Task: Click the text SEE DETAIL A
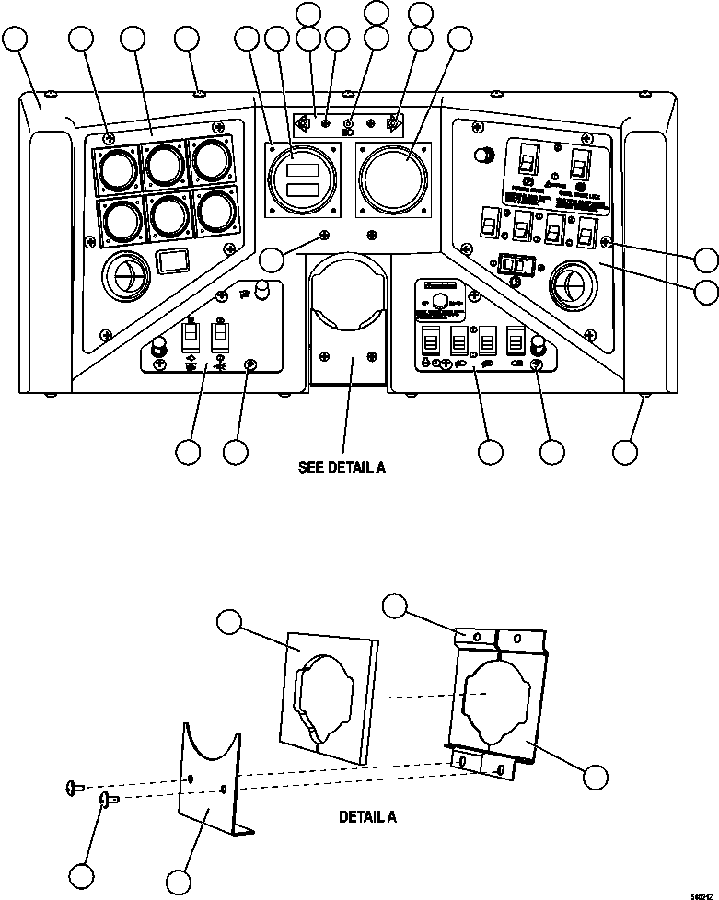[342, 467]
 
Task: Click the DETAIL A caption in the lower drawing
[368, 816]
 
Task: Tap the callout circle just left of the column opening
[271, 260]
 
